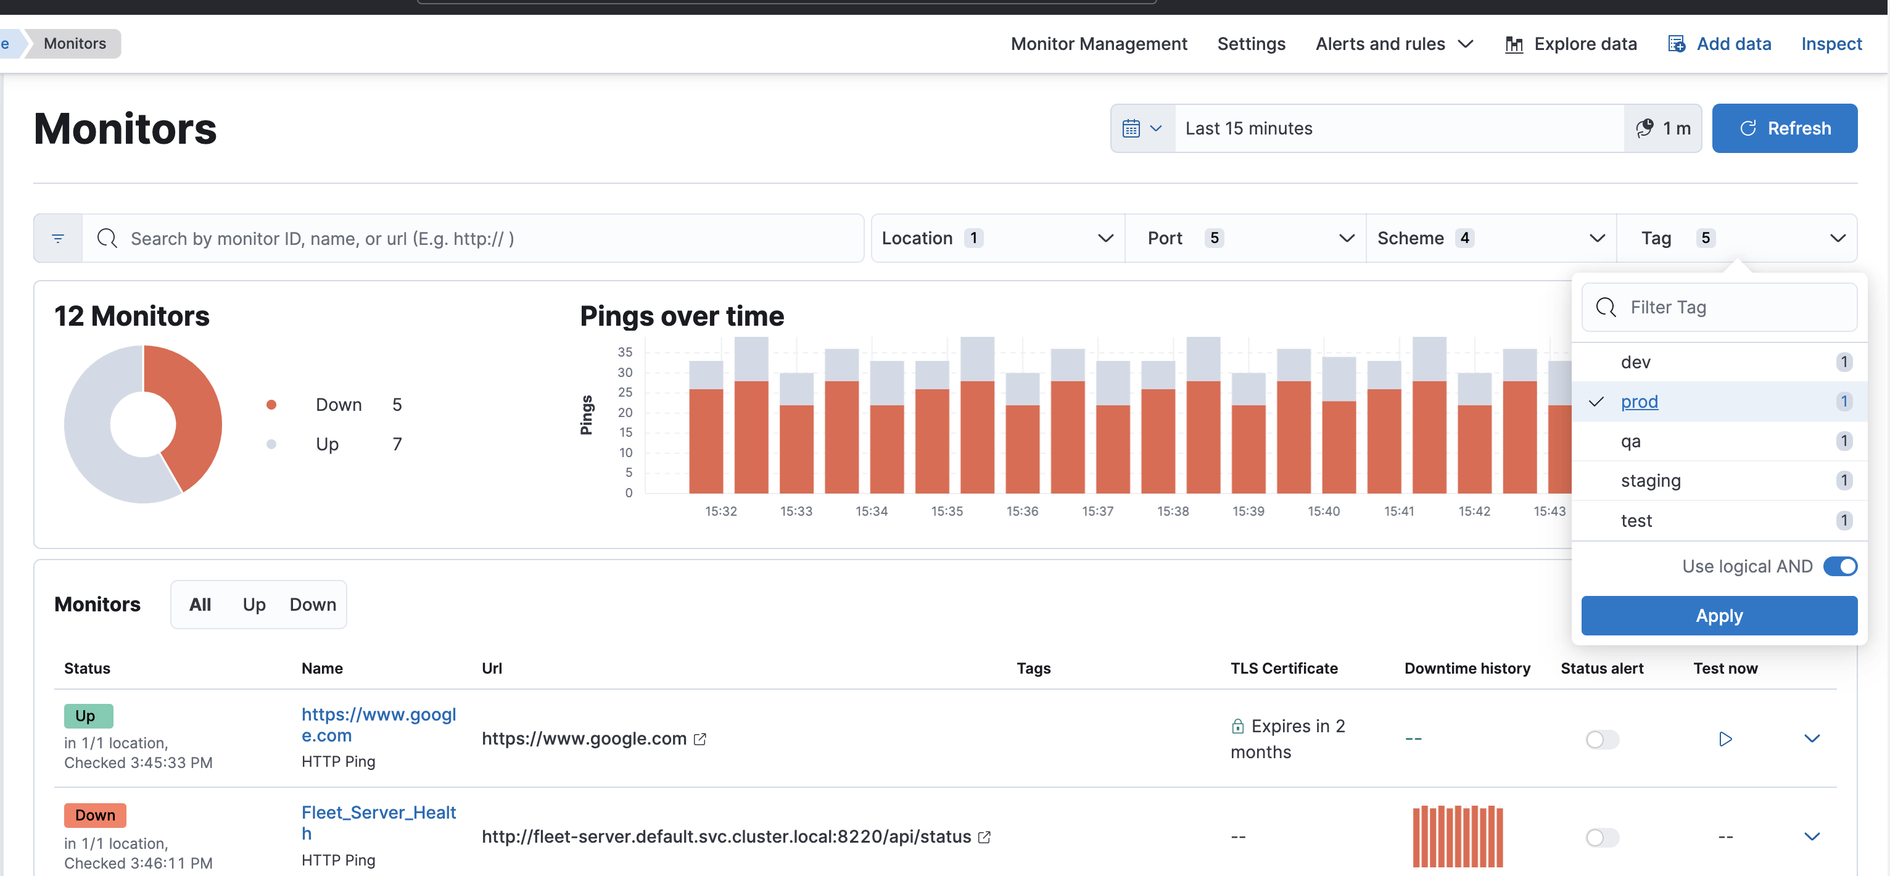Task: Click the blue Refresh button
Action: [x=1784, y=128]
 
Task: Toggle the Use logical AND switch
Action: [x=1839, y=566]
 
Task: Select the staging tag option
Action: [x=1650, y=481]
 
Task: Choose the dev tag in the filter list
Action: [x=1635, y=362]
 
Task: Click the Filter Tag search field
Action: [x=1731, y=307]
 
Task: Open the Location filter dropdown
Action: [x=996, y=239]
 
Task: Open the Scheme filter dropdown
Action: [x=1490, y=239]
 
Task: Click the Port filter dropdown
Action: [x=1245, y=239]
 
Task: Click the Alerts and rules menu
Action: [x=1393, y=44]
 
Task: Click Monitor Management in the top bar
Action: [x=1099, y=44]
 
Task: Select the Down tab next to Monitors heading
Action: [x=313, y=605]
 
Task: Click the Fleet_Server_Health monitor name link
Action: [x=378, y=822]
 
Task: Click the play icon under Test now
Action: [x=1725, y=739]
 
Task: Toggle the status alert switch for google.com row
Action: [x=1602, y=739]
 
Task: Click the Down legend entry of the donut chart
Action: [x=338, y=405]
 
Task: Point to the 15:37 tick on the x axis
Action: [x=1097, y=511]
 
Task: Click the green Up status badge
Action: [x=88, y=716]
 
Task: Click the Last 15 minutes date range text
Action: [x=1248, y=128]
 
